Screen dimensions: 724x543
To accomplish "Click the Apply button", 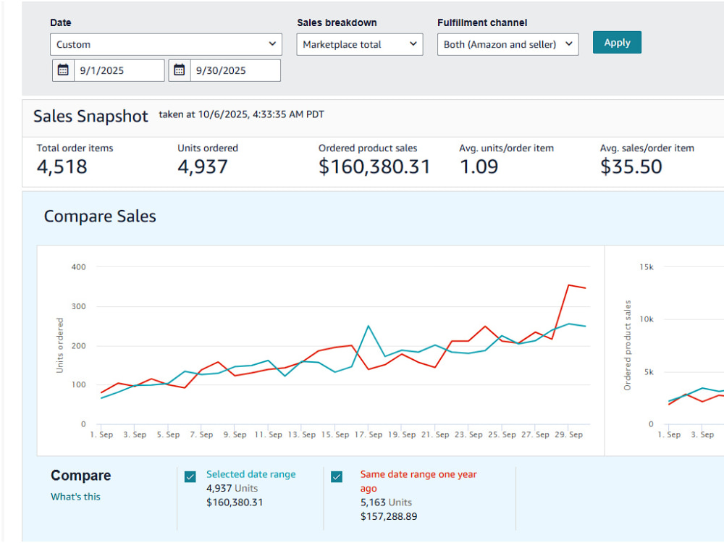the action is tap(617, 43).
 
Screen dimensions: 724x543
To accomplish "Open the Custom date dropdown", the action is tap(166, 44).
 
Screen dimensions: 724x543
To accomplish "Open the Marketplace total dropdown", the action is tap(360, 44).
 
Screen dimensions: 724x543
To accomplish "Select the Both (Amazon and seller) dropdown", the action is tap(508, 44).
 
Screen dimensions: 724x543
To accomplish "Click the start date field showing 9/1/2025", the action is tap(119, 71).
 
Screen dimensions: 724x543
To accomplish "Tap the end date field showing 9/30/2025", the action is tap(235, 71).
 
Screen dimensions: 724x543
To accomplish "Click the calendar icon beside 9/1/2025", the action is tap(63, 70).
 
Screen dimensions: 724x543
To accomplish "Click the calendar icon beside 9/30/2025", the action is tap(179, 70).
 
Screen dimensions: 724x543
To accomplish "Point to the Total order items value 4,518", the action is tap(62, 167).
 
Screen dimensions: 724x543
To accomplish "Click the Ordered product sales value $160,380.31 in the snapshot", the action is tap(374, 167).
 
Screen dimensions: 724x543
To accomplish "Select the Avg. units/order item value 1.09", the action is tap(479, 167).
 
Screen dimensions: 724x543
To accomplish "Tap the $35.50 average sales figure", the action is tap(631, 167).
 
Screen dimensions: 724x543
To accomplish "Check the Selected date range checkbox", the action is tap(190, 476).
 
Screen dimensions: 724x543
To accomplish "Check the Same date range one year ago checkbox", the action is tap(337, 476).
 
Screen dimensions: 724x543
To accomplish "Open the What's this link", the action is tap(75, 497).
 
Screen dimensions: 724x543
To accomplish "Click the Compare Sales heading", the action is tap(100, 216).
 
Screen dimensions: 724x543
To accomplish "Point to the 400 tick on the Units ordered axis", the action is tap(78, 267).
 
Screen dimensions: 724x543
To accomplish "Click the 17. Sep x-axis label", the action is tap(368, 434).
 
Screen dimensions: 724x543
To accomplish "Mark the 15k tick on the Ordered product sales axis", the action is tap(647, 267).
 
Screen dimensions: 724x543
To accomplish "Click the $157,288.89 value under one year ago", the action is tap(389, 517).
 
